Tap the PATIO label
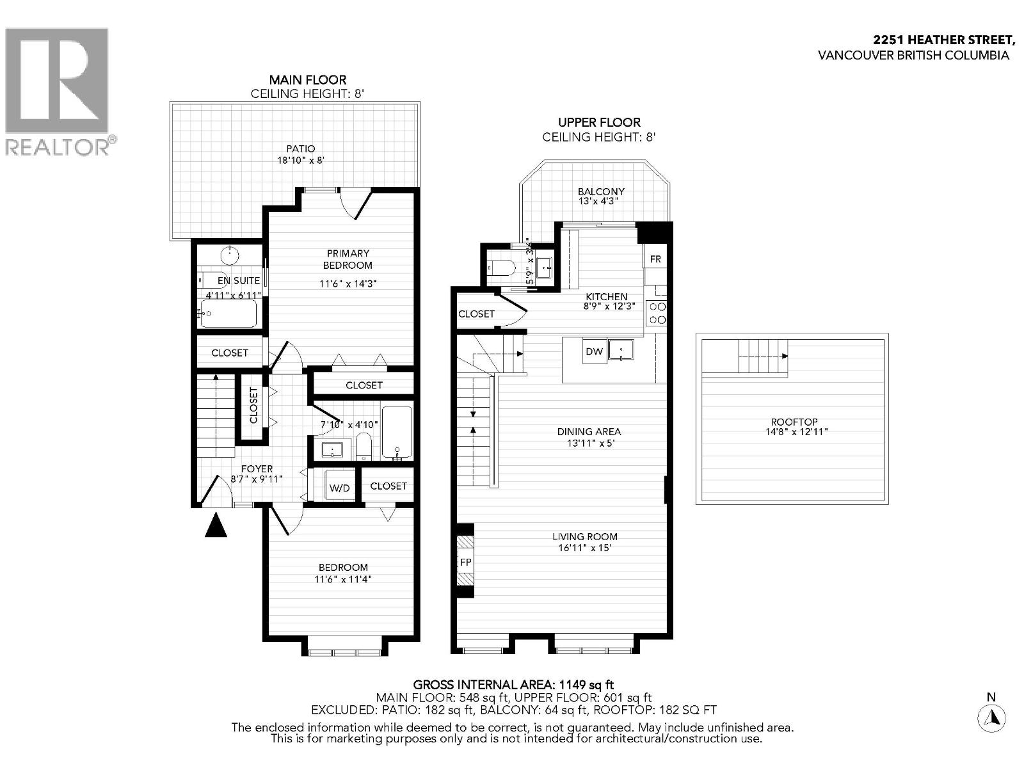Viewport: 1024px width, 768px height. (x=300, y=148)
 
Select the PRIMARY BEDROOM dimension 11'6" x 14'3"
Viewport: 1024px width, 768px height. (x=348, y=284)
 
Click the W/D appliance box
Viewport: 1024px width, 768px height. (x=339, y=488)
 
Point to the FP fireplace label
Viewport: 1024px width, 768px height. (x=465, y=562)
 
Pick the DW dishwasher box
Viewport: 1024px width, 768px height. (x=594, y=351)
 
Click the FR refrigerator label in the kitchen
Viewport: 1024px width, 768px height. (x=655, y=259)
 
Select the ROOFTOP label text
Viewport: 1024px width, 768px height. (x=794, y=422)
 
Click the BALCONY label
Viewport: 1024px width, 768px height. (x=600, y=191)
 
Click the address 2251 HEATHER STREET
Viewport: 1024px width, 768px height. (x=944, y=40)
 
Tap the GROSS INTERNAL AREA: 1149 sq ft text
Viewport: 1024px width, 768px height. (x=513, y=685)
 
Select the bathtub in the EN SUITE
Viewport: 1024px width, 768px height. (x=229, y=314)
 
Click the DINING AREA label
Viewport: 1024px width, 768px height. (x=589, y=431)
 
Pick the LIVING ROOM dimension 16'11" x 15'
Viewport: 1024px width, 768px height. (x=585, y=548)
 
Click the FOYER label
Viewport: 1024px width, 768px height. (x=257, y=468)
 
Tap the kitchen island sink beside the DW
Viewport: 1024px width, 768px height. (x=620, y=350)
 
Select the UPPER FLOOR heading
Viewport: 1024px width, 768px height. (x=598, y=122)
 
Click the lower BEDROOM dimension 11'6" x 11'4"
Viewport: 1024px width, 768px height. (x=343, y=579)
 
